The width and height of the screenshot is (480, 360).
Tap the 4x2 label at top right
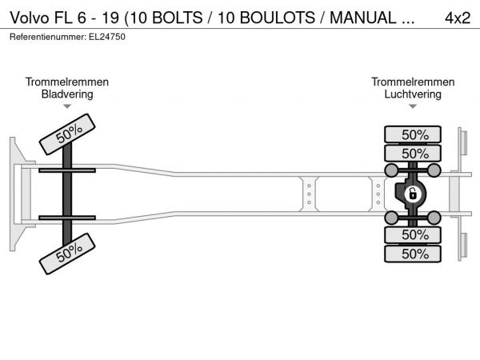[x=457, y=18]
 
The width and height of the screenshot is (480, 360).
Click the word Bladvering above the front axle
[x=67, y=94]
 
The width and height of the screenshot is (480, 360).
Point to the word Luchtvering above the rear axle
[x=413, y=94]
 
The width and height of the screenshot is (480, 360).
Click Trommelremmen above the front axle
[x=67, y=82]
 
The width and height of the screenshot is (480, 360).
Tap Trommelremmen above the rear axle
[x=413, y=82]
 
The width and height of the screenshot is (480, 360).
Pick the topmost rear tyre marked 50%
[x=414, y=134]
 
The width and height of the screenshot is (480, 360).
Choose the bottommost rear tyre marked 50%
[x=414, y=254]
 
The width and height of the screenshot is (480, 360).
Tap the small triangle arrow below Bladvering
[x=67, y=106]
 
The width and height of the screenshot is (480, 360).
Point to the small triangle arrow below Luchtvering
[x=413, y=106]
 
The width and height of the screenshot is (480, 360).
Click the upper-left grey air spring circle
[x=392, y=171]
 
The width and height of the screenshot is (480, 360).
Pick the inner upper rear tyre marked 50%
[x=414, y=153]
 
